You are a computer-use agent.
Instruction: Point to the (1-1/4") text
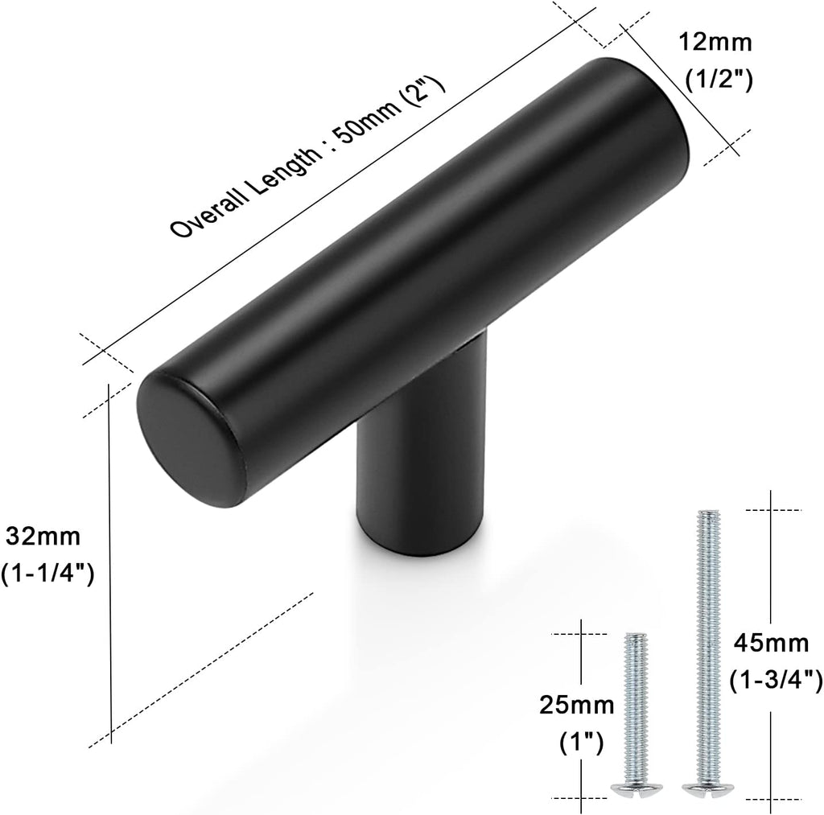(x=48, y=573)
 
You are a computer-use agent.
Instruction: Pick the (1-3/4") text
(x=775, y=681)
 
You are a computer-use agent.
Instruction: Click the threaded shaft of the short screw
(x=636, y=700)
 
